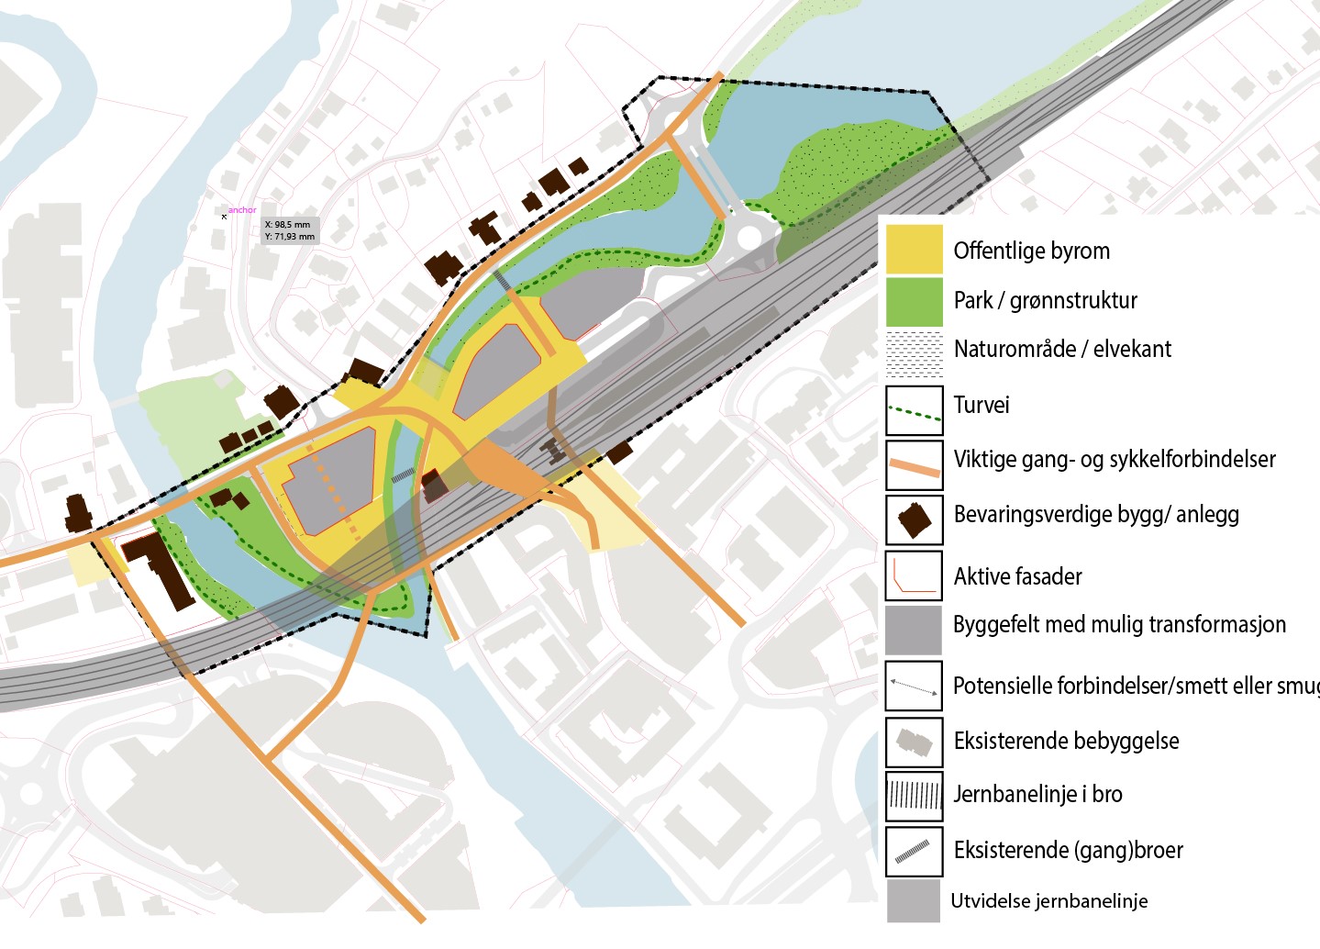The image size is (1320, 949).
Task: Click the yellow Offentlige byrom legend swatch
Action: (x=914, y=249)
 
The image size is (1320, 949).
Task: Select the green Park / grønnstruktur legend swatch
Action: (x=914, y=301)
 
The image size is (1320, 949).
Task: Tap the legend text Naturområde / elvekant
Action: (x=1062, y=349)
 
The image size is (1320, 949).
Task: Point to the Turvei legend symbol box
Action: (x=914, y=410)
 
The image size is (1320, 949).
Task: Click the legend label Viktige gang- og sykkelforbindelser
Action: (x=1115, y=459)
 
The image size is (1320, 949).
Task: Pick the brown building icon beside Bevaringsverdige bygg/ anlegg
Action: (x=914, y=519)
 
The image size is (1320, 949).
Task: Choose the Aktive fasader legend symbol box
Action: (x=914, y=575)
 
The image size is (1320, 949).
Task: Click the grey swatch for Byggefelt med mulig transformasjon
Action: (x=914, y=630)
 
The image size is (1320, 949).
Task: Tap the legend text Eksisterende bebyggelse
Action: (x=1066, y=741)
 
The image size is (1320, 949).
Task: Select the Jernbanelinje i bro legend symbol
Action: (x=914, y=796)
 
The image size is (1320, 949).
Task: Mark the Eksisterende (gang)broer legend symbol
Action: (x=914, y=851)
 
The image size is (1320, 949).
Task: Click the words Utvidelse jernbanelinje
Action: (x=1048, y=901)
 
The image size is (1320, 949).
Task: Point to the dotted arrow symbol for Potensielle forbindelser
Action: (x=914, y=686)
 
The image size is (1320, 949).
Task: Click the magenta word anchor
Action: (x=242, y=210)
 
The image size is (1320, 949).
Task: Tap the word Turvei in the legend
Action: (x=982, y=405)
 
